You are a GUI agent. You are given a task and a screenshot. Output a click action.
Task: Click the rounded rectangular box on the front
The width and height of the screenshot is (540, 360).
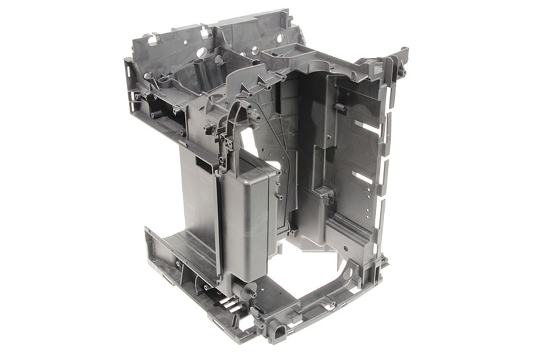(x=247, y=216)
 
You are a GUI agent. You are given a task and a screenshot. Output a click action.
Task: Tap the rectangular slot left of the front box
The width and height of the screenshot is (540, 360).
(x=202, y=163)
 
